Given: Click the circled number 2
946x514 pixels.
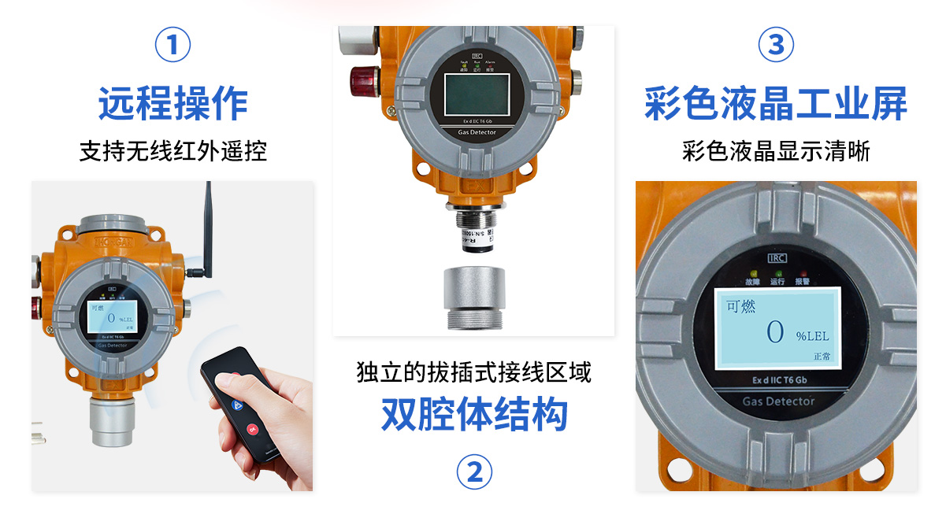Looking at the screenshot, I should coord(474,472).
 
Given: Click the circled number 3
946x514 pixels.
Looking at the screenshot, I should coord(776,45).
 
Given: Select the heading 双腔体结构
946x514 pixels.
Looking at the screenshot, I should coord(474,414).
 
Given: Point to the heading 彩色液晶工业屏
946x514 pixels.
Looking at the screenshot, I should coord(776,104).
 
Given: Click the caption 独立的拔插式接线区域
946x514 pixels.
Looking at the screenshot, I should coord(474,372).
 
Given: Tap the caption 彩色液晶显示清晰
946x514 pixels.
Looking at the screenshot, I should coord(776,150).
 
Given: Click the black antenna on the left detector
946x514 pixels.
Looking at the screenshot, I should coord(209,228).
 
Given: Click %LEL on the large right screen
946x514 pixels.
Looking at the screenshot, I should coord(812,336).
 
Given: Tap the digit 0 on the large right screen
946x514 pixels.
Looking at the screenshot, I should coord(775,332).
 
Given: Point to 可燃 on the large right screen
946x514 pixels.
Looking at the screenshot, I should coord(740,306).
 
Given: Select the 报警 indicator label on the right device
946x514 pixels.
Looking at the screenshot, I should coord(802,281).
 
